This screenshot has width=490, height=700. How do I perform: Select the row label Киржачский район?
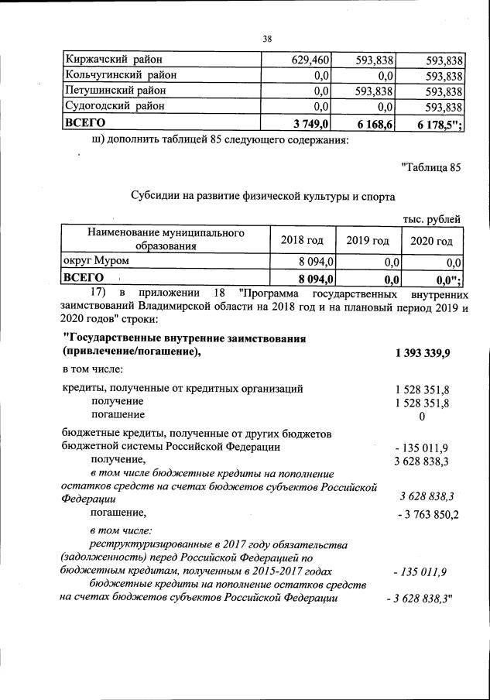114,59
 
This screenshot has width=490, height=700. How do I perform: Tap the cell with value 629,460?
306,59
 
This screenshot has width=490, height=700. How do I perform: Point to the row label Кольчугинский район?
121,75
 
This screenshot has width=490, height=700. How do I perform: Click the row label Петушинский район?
116,91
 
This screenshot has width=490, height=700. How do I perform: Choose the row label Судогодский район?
116,106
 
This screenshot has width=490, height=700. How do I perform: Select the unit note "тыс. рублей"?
431,219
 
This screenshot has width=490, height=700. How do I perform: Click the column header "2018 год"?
302,240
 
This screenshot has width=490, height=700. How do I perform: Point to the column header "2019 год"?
368,240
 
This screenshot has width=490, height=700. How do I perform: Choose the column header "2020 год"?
431,240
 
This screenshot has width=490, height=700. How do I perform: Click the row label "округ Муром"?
97,262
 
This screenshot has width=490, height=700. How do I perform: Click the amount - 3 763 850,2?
428,514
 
